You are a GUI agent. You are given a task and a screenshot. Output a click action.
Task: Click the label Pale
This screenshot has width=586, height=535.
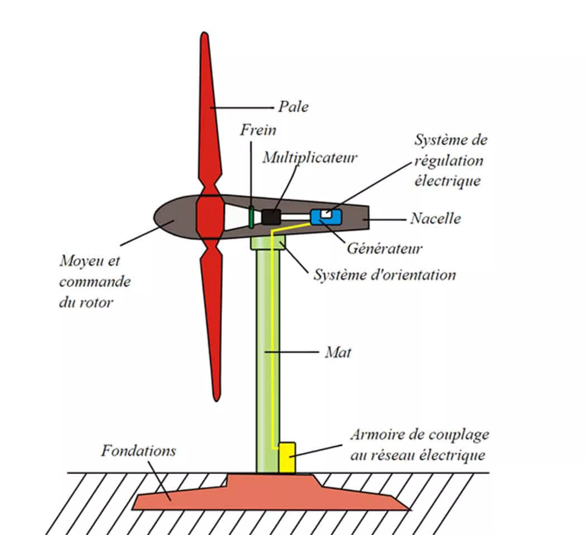(293, 107)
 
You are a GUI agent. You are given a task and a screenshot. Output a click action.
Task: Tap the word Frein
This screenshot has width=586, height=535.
(258, 130)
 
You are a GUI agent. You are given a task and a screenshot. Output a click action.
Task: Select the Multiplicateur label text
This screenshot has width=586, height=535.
(310, 158)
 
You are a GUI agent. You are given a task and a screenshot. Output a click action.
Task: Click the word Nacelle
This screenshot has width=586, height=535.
(435, 219)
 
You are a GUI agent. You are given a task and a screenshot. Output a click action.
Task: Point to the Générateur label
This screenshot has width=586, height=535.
(384, 249)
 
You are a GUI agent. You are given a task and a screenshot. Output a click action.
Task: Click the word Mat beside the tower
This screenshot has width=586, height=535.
(338, 353)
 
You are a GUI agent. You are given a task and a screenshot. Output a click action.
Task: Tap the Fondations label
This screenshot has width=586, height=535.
(138, 451)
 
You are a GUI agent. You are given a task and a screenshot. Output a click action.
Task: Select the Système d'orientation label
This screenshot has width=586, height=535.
(384, 275)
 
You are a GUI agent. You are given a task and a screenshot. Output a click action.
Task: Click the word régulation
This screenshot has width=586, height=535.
(448, 161)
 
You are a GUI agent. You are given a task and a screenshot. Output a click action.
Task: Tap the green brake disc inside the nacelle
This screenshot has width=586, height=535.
(252, 217)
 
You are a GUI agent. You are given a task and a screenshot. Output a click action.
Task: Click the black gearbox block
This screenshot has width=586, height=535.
(271, 217)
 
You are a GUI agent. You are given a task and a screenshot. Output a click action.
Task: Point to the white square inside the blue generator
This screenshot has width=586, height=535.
(326, 214)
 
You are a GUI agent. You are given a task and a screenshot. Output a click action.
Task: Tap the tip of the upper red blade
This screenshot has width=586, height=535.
(204, 35)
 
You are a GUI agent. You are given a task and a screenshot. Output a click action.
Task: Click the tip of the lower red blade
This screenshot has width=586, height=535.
(216, 398)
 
